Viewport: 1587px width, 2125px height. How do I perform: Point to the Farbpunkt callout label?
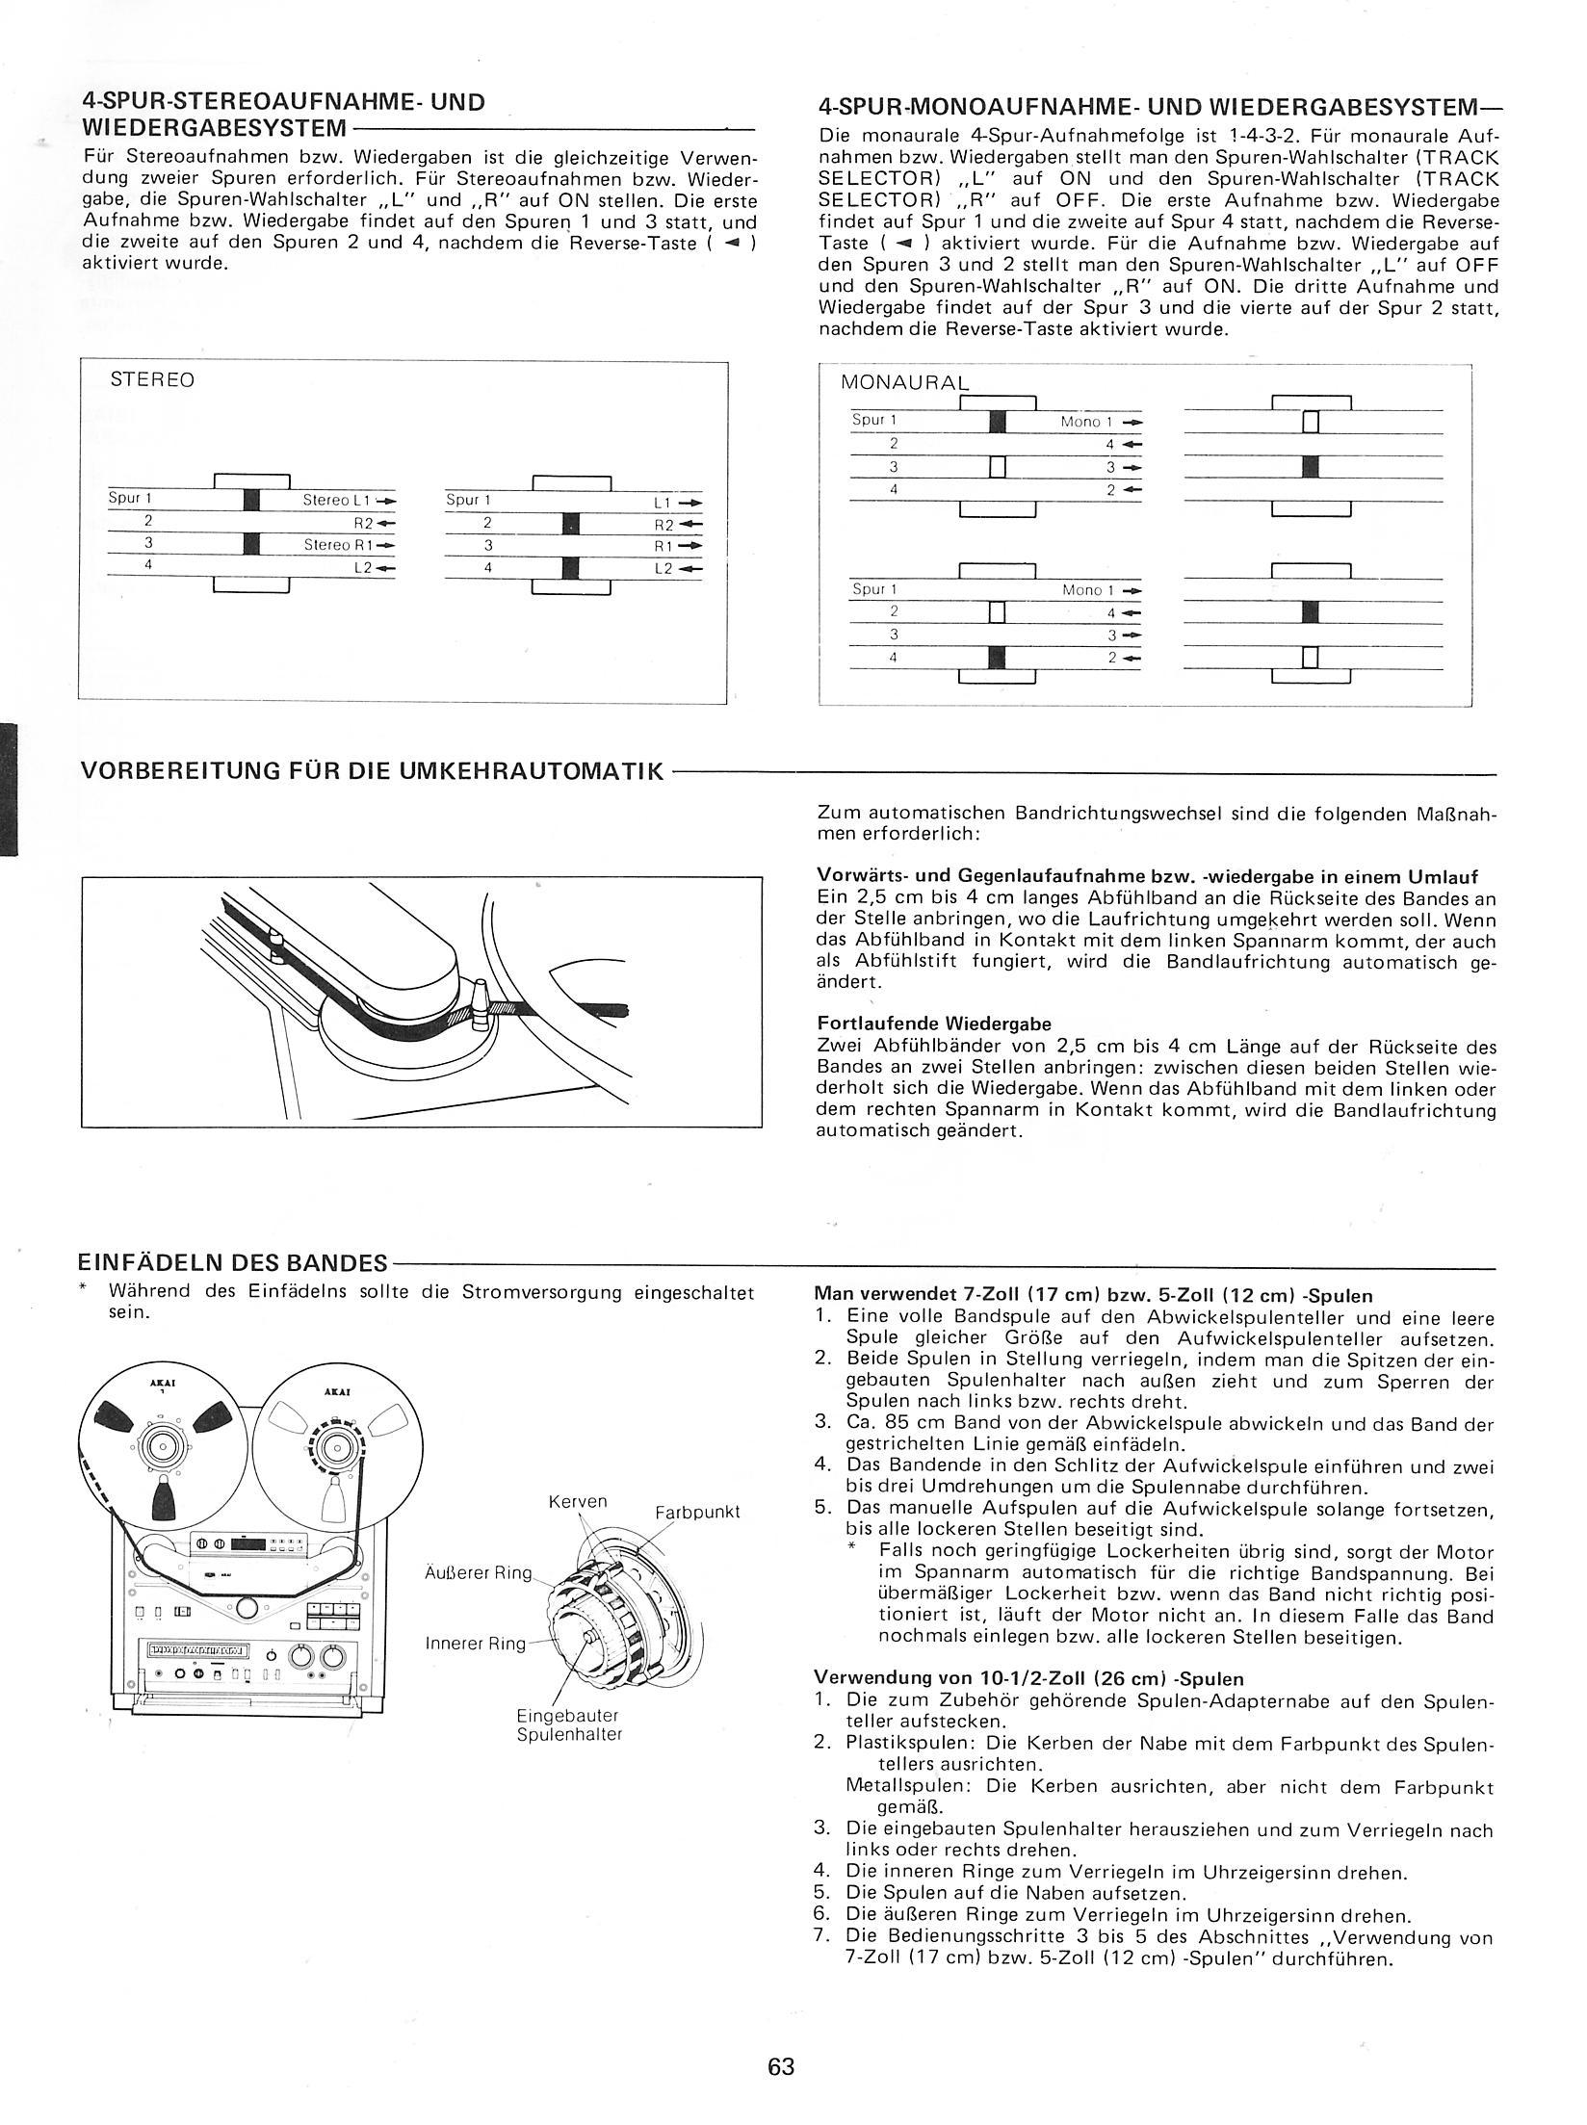(x=697, y=1512)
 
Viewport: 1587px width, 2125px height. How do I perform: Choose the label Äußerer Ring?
(x=478, y=1572)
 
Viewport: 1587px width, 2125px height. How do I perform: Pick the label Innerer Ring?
(x=476, y=1643)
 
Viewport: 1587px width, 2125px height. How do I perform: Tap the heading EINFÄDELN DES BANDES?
(x=234, y=1262)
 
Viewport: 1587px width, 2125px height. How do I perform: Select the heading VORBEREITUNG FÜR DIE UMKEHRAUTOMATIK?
(x=373, y=770)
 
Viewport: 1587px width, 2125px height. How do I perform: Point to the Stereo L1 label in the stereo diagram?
(x=336, y=500)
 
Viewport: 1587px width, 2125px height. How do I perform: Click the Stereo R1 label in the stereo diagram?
(x=336, y=545)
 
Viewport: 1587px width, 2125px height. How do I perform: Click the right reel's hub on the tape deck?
(x=335, y=1446)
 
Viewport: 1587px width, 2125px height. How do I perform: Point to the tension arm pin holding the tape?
(x=480, y=1000)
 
